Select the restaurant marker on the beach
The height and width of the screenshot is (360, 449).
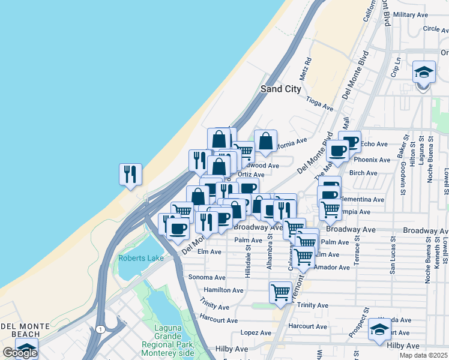pos(130,175)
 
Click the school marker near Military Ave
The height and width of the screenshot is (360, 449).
pos(424,73)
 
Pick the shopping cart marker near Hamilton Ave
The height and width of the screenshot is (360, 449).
pos(280,293)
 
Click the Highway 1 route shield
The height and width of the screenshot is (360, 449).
pos(98,329)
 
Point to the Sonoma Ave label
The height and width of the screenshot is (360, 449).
pos(206,278)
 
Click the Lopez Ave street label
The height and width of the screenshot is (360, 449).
pos(256,332)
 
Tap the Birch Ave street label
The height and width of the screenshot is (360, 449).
pos(363,173)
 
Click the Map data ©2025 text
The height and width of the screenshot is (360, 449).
pos(424,356)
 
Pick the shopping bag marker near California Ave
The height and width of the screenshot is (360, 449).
pos(265,142)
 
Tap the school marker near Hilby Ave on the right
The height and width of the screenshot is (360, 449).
pos(379,329)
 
